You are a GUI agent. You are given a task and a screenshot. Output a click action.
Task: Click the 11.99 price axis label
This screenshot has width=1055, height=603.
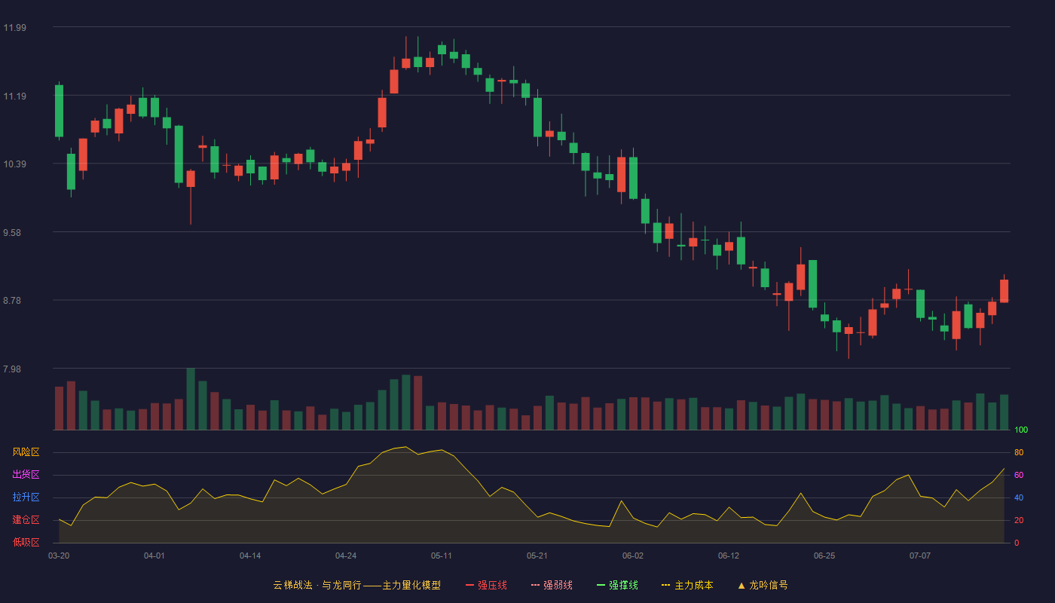coord(14,28)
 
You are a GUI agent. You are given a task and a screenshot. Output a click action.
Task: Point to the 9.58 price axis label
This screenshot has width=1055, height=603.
coord(12,233)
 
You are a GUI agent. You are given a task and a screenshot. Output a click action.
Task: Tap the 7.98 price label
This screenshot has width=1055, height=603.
coord(12,369)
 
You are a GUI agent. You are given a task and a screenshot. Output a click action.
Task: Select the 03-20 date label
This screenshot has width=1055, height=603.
coord(59,556)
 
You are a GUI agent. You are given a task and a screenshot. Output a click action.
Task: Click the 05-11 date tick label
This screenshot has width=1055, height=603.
coord(442,556)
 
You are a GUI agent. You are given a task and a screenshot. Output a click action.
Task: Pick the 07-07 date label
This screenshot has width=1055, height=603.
coord(920,556)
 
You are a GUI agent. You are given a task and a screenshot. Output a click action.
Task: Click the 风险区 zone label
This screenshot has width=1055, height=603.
coord(26,452)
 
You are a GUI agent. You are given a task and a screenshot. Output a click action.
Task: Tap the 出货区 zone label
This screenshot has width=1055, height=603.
coord(26,474)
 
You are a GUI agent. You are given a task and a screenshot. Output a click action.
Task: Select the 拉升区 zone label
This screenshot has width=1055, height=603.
coord(26,497)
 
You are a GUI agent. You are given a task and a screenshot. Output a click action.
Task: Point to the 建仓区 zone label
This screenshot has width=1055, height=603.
coord(26,519)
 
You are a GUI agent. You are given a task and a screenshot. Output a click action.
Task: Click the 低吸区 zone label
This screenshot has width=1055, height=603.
coord(26,542)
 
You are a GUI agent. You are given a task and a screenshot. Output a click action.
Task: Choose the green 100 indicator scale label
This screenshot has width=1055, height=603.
coord(1021,430)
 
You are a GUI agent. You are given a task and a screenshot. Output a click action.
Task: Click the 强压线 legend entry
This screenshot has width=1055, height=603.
coord(486,585)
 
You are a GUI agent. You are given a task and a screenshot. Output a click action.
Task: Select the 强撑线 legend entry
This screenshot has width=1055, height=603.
coord(617,585)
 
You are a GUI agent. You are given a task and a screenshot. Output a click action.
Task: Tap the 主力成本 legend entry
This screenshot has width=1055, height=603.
coord(687,585)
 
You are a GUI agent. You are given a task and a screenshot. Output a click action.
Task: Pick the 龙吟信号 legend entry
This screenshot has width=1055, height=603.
coord(763,585)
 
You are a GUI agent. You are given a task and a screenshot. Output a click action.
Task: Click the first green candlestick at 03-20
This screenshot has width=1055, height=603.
coord(59,111)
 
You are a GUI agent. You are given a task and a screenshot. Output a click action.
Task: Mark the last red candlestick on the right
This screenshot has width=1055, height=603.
coord(1004,291)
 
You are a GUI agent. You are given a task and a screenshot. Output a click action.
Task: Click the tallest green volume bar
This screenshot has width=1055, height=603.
coord(191,399)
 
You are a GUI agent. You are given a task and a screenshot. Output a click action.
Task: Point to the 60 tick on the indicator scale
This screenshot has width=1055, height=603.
coord(1019,475)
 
